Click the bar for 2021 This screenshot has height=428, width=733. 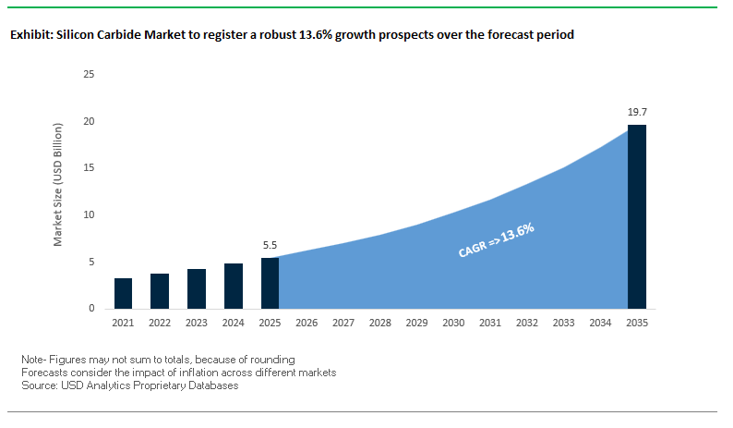click(123, 293)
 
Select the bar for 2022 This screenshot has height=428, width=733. click(160, 291)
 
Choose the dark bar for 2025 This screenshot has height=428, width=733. click(270, 283)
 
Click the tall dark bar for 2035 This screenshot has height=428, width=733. click(636, 216)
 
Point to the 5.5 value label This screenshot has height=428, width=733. click(270, 247)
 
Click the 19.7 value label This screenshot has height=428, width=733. click(636, 112)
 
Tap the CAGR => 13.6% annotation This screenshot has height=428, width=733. click(497, 239)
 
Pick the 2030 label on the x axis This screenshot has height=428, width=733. click(453, 324)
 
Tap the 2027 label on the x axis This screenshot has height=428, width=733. click(342, 324)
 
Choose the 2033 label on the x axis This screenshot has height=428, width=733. click(563, 324)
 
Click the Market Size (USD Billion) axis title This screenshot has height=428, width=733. click(57, 191)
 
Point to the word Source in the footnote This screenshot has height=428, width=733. click(37, 385)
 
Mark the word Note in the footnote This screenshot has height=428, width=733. click(31, 359)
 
